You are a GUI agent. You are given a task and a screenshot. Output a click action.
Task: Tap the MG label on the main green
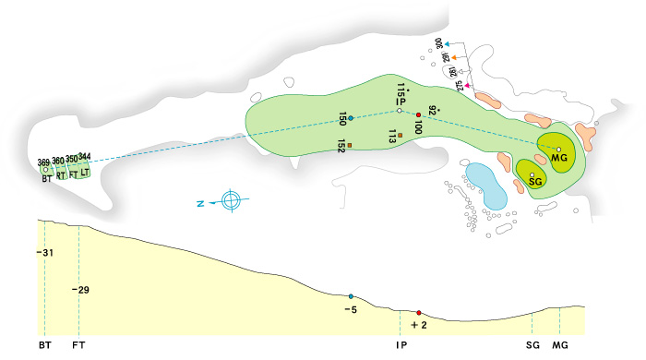[558, 159]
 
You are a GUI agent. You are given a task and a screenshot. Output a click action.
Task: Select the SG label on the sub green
[534, 183]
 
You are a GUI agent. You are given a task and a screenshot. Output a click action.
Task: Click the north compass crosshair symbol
[232, 199]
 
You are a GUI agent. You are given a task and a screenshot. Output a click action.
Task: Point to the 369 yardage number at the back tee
[43, 162]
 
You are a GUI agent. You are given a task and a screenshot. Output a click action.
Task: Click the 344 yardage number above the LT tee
[85, 156]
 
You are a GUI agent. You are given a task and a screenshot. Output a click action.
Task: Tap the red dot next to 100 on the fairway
[418, 114]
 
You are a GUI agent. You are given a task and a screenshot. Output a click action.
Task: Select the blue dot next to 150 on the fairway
[351, 117]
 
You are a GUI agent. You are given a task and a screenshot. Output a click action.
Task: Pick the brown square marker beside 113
[401, 137]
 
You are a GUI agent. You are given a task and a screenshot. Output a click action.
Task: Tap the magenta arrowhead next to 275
[468, 86]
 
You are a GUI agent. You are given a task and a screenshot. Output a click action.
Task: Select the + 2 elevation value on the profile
[420, 325]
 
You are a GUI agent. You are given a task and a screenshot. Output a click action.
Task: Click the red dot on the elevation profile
[419, 313]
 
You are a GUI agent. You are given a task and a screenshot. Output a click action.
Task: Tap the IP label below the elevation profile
[401, 345]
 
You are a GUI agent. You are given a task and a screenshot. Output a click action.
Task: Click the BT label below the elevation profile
[44, 345]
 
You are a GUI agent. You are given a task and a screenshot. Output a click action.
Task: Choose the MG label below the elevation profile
[560, 345]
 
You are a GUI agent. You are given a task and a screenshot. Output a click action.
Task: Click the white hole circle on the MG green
[559, 149]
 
